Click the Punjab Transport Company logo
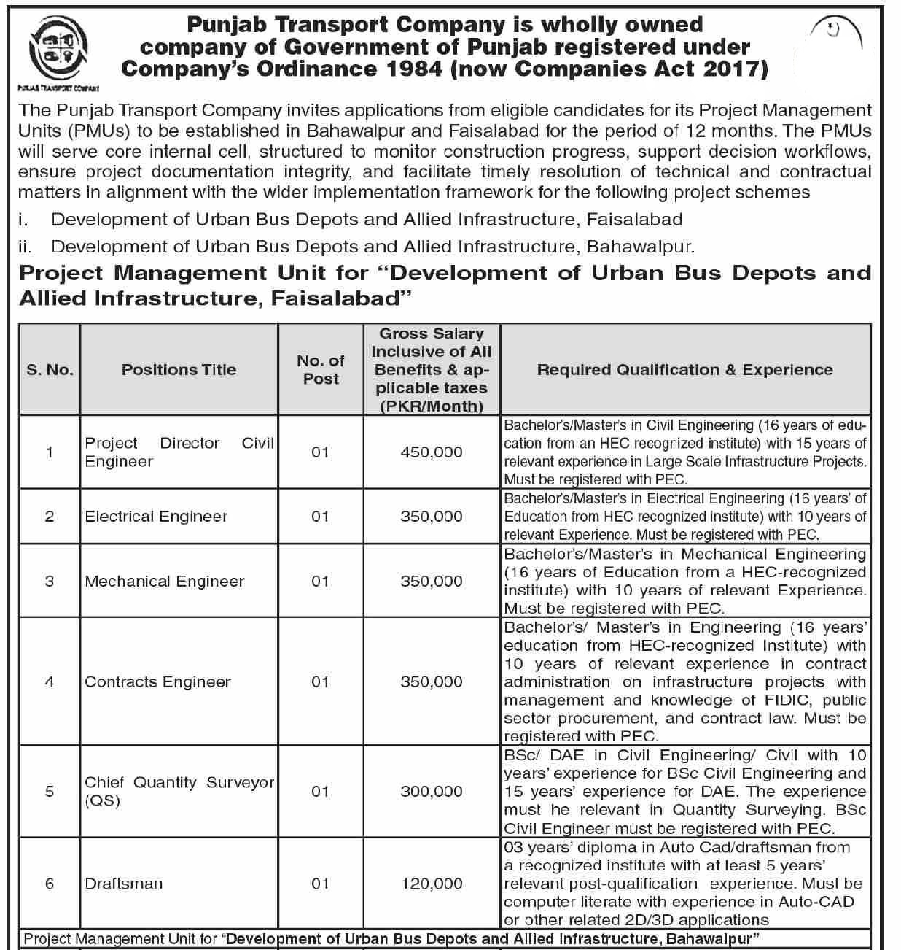click(x=60, y=51)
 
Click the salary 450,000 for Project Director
click(x=431, y=452)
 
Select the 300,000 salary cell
click(x=431, y=792)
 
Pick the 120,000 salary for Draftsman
click(x=431, y=884)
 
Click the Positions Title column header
click(x=179, y=370)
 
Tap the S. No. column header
click(x=50, y=370)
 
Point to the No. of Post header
click(x=321, y=370)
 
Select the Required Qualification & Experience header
click(x=684, y=370)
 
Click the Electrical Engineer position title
click(x=156, y=517)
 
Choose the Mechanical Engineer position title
click(x=164, y=582)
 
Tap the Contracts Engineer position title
click(x=157, y=682)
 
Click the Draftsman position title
click(x=123, y=884)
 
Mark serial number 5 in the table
click(x=50, y=792)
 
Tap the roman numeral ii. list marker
click(x=25, y=247)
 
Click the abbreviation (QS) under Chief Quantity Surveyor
click(x=102, y=801)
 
